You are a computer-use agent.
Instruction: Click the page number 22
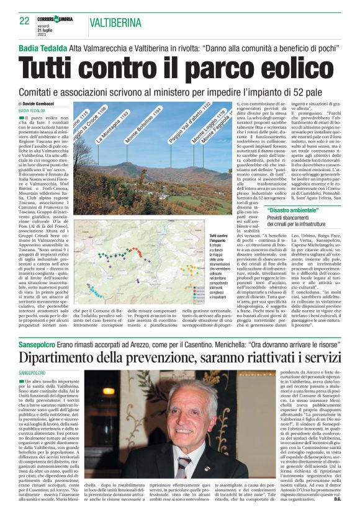coord(25,21)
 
